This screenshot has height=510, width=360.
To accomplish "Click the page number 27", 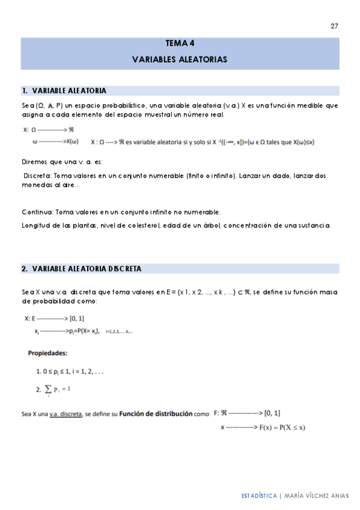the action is click(x=334, y=26).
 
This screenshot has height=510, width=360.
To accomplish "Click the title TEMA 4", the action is click(x=180, y=43).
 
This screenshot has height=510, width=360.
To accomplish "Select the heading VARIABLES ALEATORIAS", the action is click(x=180, y=60).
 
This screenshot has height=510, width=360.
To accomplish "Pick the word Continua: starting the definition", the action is click(x=37, y=212).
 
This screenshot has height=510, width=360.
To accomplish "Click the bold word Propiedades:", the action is click(x=48, y=352).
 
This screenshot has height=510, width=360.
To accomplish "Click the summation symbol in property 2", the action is click(x=47, y=390).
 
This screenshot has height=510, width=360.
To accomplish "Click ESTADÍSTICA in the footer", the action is click(x=259, y=496).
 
